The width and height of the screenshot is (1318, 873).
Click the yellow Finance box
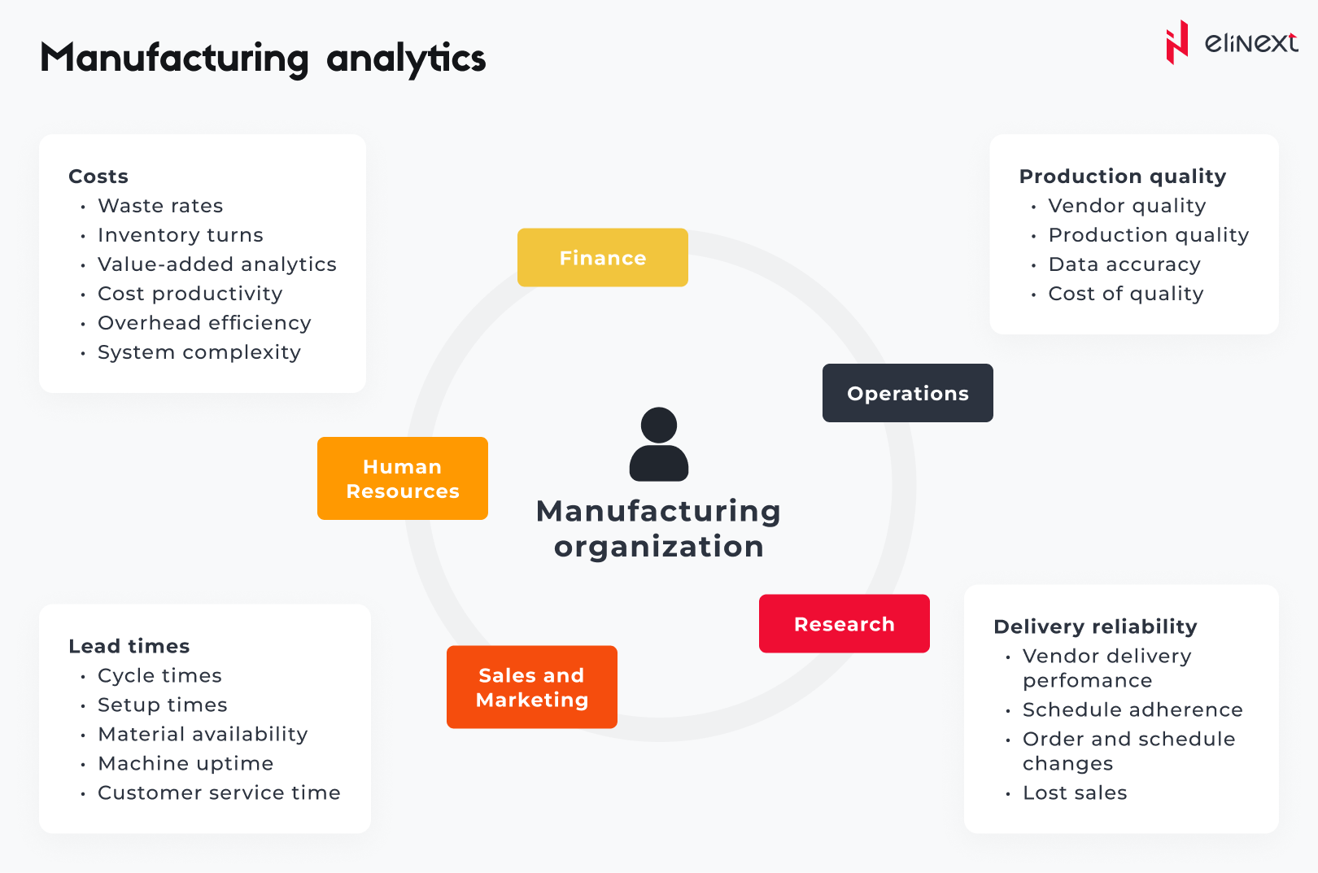[602, 258]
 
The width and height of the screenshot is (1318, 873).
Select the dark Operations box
[907, 393]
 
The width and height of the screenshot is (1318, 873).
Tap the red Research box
[844, 624]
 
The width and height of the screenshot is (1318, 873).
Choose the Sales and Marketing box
[531, 687]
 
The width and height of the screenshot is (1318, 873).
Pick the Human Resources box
[402, 478]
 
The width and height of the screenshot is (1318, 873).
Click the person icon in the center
[659, 444]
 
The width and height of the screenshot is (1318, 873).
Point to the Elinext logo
[1231, 42]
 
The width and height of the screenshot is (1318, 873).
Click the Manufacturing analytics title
[263, 59]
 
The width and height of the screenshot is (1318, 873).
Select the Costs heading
[98, 177]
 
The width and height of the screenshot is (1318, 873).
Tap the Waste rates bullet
[160, 206]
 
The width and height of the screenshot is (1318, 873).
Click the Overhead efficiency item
[204, 323]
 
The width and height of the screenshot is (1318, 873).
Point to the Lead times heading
[129, 646]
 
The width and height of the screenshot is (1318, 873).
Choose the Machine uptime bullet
[185, 763]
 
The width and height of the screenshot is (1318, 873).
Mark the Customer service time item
[219, 792]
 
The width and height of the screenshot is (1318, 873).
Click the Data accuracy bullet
[1124, 264]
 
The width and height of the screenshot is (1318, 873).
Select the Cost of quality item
[1125, 294]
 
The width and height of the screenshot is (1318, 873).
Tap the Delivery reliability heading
[1095, 626]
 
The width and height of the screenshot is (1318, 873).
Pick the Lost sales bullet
[1074, 792]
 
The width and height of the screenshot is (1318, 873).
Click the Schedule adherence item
[1132, 709]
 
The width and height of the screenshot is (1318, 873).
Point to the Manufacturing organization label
[658, 529]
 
